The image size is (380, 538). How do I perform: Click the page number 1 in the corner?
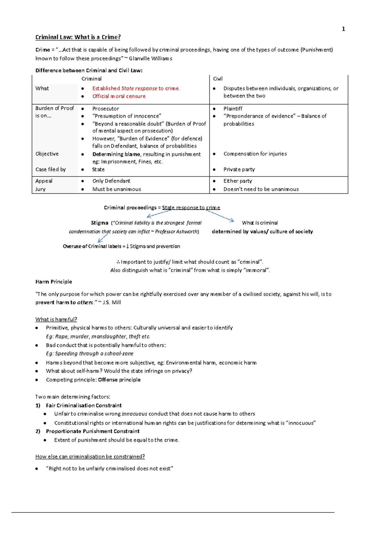click(x=343, y=29)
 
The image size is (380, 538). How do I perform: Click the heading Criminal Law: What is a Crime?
click(x=78, y=37)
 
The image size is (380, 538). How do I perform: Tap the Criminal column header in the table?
click(x=92, y=79)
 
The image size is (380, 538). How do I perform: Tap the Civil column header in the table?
click(x=218, y=79)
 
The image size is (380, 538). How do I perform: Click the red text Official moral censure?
click(x=119, y=96)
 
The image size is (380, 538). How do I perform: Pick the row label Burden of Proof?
click(x=54, y=108)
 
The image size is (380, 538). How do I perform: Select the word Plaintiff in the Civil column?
click(x=233, y=108)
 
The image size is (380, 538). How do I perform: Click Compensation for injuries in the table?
click(x=255, y=154)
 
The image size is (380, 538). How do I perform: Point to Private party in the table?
click(x=239, y=170)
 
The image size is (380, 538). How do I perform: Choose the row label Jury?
click(x=41, y=189)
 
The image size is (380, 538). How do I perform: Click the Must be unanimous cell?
click(x=117, y=189)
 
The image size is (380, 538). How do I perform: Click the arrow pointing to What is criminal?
click(x=220, y=215)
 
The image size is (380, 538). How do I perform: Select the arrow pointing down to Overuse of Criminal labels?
click(x=103, y=239)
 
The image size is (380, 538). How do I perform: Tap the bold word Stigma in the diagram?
click(x=99, y=223)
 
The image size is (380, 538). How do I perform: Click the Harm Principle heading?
click(x=54, y=282)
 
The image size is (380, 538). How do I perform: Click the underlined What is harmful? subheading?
click(x=56, y=319)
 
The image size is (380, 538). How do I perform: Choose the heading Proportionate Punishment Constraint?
click(x=92, y=431)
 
